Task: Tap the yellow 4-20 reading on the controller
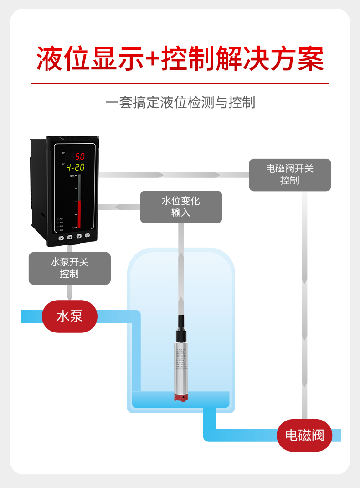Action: coord(75,167)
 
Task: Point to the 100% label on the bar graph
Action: coord(72,176)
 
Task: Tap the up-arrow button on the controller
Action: coord(79,236)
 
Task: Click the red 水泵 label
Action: coord(70,316)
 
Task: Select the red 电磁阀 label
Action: coord(304,435)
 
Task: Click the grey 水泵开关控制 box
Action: coord(70,268)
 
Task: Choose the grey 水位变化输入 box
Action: coord(181,207)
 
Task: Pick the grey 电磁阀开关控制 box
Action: coord(290,175)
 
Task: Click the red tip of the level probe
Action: coord(181,398)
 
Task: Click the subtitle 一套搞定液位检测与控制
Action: coord(180,102)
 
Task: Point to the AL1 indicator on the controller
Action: coord(60,218)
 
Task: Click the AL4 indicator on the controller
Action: coord(60,230)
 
